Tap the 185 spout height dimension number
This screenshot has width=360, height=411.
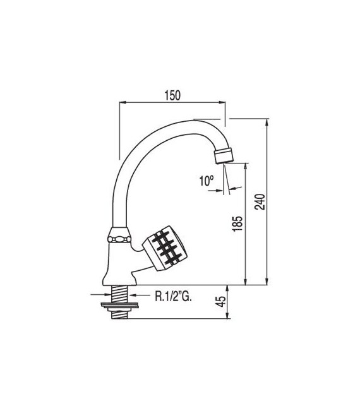238,224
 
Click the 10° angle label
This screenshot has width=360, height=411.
207,181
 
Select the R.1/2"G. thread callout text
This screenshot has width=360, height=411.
175,294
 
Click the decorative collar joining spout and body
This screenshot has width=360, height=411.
120,238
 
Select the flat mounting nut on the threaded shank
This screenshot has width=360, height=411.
119,307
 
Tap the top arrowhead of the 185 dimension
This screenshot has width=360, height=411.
246,165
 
